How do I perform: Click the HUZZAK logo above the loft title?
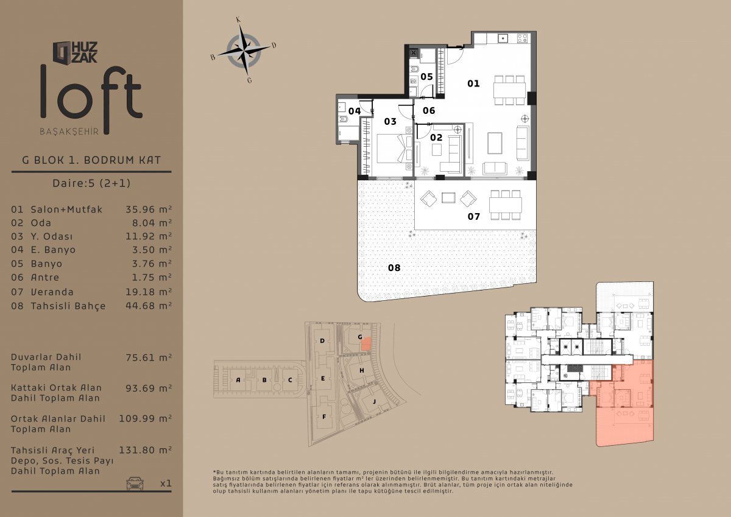click(x=75, y=52)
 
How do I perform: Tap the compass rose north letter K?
click(x=239, y=20)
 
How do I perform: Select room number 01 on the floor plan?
click(x=473, y=83)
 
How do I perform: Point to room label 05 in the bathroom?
click(x=426, y=77)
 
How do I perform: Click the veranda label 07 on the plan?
click(x=474, y=216)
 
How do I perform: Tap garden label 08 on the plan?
click(x=394, y=267)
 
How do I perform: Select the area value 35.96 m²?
click(x=149, y=209)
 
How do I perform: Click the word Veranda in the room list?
click(x=52, y=292)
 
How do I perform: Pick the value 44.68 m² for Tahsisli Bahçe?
click(x=149, y=306)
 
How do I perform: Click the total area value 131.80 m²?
click(x=145, y=450)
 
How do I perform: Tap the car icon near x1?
click(x=135, y=484)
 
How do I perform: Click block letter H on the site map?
click(x=362, y=370)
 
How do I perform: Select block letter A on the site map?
click(x=238, y=379)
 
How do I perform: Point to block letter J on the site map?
click(x=374, y=401)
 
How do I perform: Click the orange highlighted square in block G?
click(x=367, y=345)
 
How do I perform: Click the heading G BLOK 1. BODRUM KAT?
click(x=91, y=160)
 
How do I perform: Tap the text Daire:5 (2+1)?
click(x=91, y=183)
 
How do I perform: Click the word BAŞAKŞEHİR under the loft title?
click(x=69, y=132)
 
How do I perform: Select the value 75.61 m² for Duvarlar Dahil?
click(x=149, y=357)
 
